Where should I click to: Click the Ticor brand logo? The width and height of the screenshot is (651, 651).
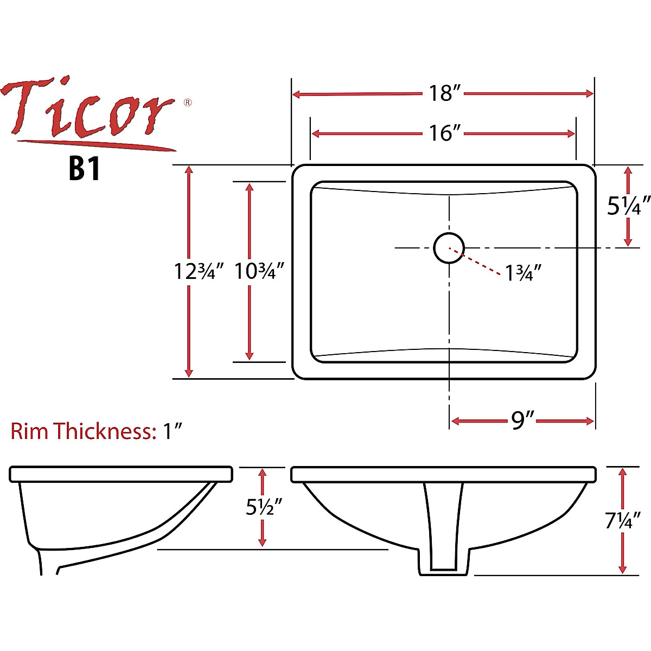[90, 111]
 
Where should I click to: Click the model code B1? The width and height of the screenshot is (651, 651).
[85, 169]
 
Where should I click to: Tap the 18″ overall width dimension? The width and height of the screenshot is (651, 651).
[444, 93]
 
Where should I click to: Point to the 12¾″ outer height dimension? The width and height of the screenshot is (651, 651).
[199, 271]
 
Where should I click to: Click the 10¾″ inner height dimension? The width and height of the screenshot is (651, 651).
[259, 271]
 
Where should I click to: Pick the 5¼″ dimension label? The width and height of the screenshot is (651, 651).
[628, 206]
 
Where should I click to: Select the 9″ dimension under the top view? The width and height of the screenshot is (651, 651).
[522, 420]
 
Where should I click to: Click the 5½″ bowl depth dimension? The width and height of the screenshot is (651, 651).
[264, 507]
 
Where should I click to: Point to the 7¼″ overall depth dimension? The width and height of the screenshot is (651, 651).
[623, 521]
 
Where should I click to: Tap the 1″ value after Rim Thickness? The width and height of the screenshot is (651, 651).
[173, 431]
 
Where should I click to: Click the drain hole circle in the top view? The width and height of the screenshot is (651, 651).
[449, 247]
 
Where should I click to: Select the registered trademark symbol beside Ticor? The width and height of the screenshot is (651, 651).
[188, 102]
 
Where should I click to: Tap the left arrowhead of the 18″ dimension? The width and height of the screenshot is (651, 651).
[296, 94]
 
